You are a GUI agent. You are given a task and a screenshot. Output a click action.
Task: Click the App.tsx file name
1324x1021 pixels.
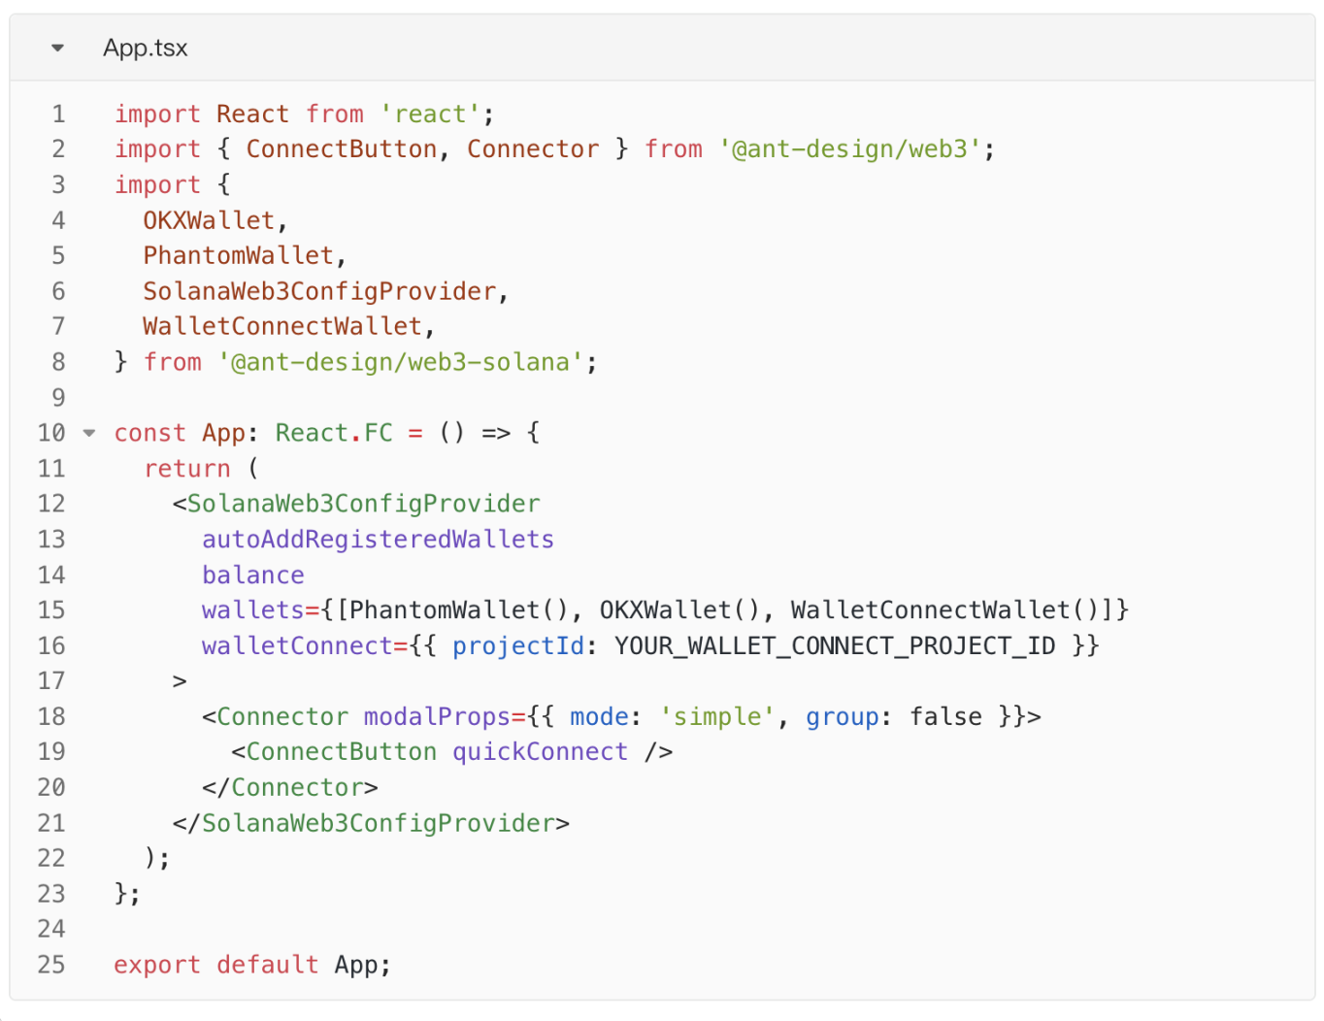pos(145,48)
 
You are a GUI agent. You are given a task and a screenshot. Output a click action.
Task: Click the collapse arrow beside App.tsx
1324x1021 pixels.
pos(57,48)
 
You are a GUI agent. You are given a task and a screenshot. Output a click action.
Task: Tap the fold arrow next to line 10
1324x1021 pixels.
pos(89,433)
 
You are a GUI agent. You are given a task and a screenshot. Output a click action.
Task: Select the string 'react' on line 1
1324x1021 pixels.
pos(430,114)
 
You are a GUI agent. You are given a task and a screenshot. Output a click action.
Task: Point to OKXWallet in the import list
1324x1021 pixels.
pos(209,220)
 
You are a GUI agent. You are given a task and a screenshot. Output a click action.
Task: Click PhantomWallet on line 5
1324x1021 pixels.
pos(238,255)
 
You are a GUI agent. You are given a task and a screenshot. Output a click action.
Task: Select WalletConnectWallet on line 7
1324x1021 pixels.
pos(282,326)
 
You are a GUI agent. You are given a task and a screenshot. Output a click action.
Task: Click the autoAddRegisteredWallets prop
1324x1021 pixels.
pos(378,540)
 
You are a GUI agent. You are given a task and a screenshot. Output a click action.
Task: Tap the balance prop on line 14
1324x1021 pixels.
pos(252,575)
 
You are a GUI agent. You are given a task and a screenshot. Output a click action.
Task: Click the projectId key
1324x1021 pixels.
pos(518,645)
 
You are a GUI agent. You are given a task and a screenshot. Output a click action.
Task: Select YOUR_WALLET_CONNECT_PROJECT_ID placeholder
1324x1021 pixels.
pos(835,645)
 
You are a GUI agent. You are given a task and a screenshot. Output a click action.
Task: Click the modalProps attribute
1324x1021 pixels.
pos(437,716)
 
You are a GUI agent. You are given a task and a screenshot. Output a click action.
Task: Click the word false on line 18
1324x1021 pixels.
pos(945,716)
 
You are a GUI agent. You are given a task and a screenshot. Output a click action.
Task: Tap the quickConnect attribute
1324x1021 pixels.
pos(540,752)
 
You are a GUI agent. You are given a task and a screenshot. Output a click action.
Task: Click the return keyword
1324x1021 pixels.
pos(187,469)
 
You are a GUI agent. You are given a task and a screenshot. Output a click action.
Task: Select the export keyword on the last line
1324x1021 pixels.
pos(157,965)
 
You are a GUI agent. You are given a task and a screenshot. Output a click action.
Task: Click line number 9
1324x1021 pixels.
pos(58,397)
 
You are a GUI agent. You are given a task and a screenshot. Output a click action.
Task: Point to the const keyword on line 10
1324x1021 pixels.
pos(149,433)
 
